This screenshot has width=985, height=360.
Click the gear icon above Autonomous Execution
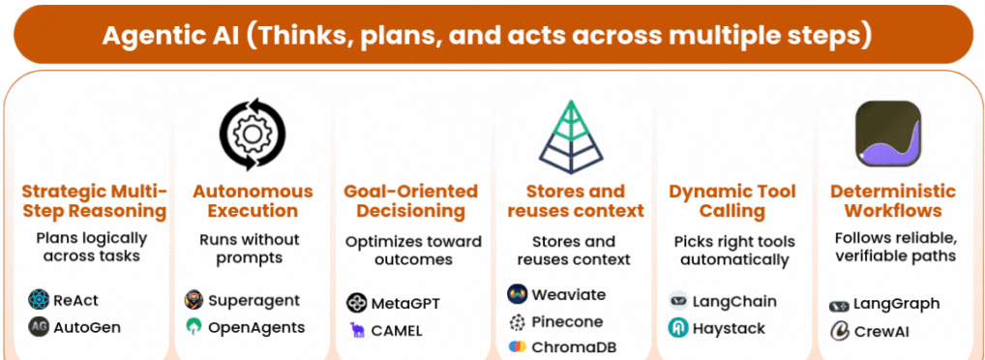click(x=252, y=134)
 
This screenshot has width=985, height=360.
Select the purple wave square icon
click(x=888, y=134)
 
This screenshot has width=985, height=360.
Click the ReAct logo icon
click(x=39, y=300)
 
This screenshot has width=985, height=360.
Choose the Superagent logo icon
click(x=194, y=300)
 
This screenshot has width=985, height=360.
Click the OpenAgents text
click(x=256, y=327)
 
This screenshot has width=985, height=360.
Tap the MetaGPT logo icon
click(x=356, y=304)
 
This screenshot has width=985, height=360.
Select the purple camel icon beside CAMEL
click(x=357, y=330)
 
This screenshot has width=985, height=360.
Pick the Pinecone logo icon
click(x=517, y=322)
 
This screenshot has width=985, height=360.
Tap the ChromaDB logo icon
click(x=517, y=346)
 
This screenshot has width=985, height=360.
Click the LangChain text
click(x=734, y=302)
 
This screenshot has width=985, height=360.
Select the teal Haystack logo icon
click(x=678, y=328)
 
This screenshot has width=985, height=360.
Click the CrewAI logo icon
click(x=839, y=331)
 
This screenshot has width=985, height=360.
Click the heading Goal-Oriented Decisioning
click(x=411, y=201)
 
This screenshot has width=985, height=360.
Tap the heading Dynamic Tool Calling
click(x=731, y=201)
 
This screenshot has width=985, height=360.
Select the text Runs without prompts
click(x=250, y=249)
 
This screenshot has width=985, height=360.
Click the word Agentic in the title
click(x=147, y=36)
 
